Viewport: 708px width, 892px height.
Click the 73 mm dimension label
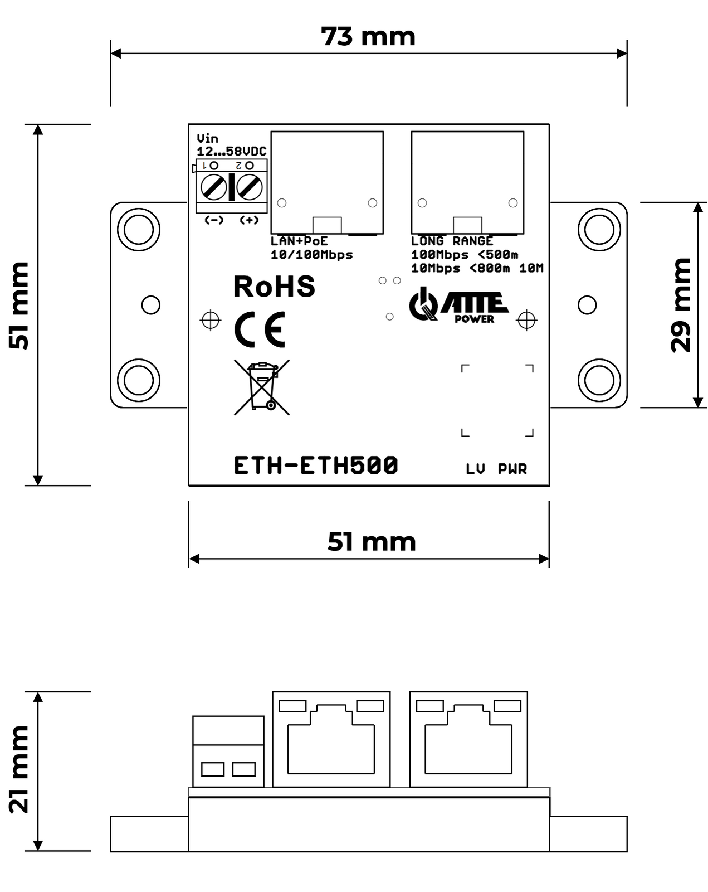click(x=368, y=37)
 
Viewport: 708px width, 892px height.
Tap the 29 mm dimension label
click(x=681, y=305)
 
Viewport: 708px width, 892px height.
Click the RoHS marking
click(x=274, y=287)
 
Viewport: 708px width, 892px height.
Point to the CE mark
click(x=260, y=329)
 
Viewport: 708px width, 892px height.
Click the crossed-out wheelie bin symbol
click(x=262, y=387)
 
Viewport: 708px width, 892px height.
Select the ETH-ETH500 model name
click(x=316, y=466)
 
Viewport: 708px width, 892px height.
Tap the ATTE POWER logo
click(x=458, y=306)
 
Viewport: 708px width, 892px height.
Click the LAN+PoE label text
click(x=299, y=241)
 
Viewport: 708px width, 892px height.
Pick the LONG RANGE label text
click(x=452, y=241)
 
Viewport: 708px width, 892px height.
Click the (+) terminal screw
click(x=249, y=187)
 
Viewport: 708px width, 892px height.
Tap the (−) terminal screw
click(x=214, y=187)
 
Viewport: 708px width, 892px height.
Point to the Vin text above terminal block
click(x=208, y=139)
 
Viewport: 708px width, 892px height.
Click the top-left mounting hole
click(x=139, y=229)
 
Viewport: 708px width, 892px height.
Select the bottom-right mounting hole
click(x=599, y=380)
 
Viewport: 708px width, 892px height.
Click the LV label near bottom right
click(x=475, y=469)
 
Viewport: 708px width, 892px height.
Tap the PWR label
click(x=512, y=469)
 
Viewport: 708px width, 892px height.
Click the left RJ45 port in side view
click(x=331, y=739)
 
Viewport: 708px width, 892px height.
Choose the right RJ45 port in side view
click(x=468, y=739)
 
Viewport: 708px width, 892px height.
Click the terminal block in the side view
click(x=228, y=751)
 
